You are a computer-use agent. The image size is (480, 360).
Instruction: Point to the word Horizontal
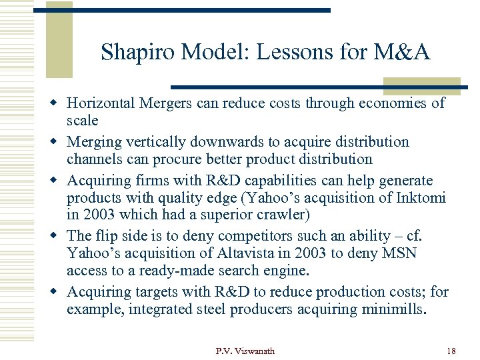pyautogui.click(x=102, y=103)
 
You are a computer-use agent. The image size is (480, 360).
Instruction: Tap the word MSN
pyautogui.click(x=402, y=254)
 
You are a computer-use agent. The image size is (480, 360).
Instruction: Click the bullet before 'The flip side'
pyautogui.click(x=59, y=237)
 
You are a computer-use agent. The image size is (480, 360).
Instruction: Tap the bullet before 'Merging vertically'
pyautogui.click(x=59, y=143)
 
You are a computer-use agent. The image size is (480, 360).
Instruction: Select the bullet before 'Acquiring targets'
pyautogui.click(x=59, y=293)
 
